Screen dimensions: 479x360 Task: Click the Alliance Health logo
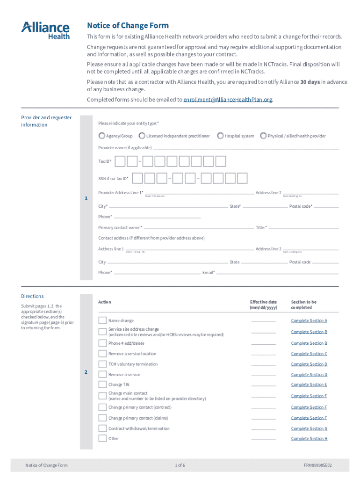click(x=45, y=30)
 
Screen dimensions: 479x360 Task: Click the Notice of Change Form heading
click(x=128, y=25)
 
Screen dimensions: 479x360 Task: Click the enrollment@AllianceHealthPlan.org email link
click(x=228, y=100)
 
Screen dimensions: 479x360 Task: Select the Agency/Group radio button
click(x=102, y=136)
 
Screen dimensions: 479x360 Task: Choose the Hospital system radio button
click(x=220, y=136)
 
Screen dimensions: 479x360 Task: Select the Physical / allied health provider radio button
click(x=263, y=136)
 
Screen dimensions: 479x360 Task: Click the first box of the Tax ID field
click(x=120, y=161)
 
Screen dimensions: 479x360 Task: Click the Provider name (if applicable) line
click(x=246, y=148)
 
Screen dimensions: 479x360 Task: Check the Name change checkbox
click(x=102, y=320)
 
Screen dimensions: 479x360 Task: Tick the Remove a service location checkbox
click(x=102, y=354)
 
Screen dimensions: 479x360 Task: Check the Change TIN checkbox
click(x=102, y=385)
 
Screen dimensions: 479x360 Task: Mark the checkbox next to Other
click(x=102, y=438)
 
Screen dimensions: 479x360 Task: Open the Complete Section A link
click(x=309, y=320)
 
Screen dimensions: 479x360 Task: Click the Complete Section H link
click(x=309, y=438)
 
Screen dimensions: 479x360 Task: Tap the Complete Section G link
click(x=309, y=428)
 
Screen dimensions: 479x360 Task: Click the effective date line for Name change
click(x=263, y=321)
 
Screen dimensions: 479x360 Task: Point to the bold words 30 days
click(x=310, y=82)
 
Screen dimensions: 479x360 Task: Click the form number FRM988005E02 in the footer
click(x=317, y=465)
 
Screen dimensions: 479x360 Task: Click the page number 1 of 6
click(x=180, y=465)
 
